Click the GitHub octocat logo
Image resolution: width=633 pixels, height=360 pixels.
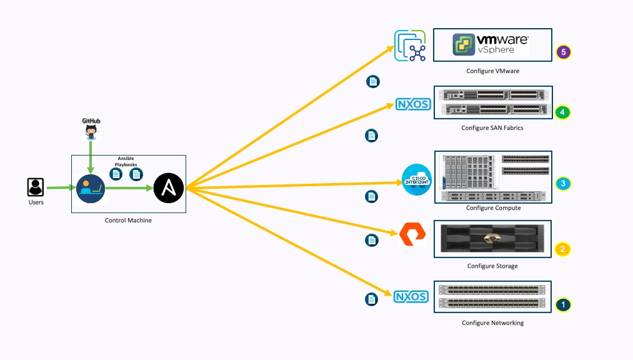click(92, 132)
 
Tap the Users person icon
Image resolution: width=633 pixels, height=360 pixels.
click(36, 187)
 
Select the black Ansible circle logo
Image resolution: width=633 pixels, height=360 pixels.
click(169, 187)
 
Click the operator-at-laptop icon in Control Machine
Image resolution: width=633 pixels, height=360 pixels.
click(91, 187)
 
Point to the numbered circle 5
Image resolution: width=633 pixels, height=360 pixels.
click(564, 52)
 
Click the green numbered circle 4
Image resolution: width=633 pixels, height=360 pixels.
click(563, 112)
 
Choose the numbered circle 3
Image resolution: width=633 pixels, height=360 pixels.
click(563, 184)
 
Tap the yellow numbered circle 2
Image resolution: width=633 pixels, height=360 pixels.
click(562, 249)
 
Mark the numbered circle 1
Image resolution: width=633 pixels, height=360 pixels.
click(563, 305)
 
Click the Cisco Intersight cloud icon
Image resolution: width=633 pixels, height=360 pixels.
click(417, 180)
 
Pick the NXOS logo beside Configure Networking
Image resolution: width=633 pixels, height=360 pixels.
click(411, 297)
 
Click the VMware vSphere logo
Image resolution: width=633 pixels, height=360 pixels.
click(491, 45)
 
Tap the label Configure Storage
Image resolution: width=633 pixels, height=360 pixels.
click(492, 266)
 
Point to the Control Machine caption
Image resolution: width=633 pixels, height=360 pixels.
click(128, 221)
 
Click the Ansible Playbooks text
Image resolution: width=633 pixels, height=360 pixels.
click(126, 162)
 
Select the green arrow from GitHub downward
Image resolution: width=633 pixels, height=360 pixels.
click(91, 156)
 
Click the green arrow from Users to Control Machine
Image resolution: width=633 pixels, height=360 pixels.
click(61, 187)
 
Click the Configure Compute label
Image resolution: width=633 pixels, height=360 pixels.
click(493, 208)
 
